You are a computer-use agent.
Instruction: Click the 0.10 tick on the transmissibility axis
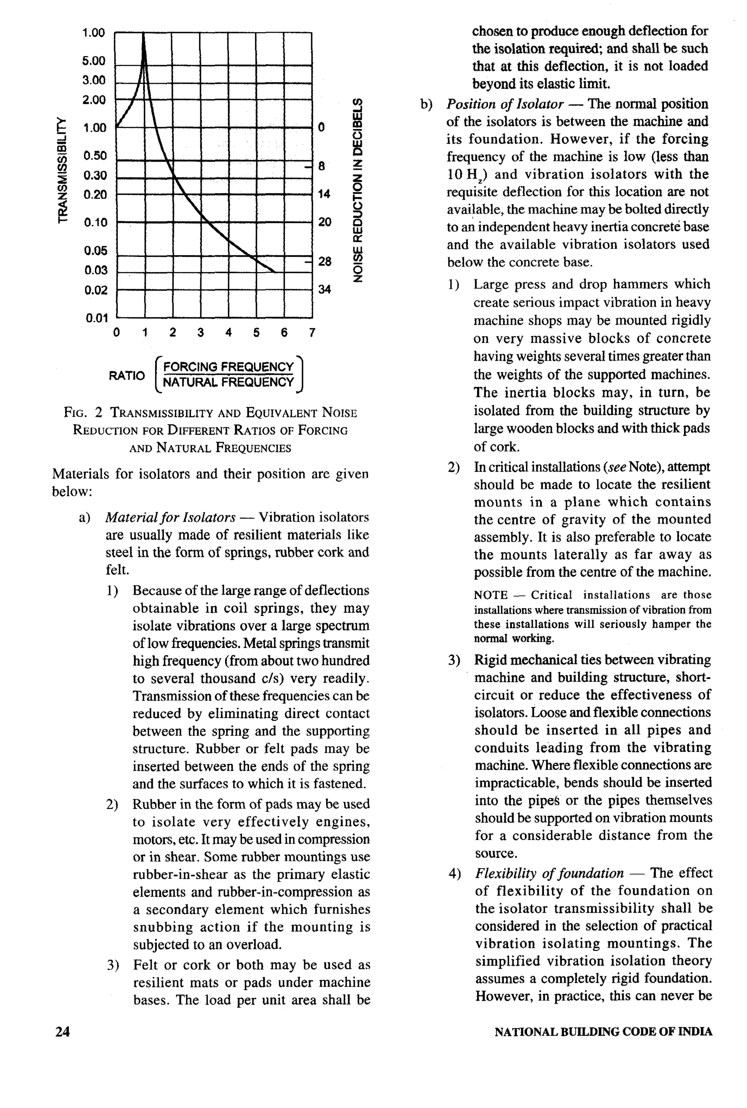point(95,223)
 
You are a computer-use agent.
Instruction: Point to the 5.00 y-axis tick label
point(93,61)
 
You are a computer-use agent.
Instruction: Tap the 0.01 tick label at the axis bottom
point(97,318)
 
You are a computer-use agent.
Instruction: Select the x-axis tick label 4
point(229,333)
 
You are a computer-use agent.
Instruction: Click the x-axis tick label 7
point(312,333)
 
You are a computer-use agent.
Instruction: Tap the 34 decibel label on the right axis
point(324,290)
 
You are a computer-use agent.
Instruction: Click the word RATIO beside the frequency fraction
point(127,376)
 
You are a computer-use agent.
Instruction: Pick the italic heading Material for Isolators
point(170,517)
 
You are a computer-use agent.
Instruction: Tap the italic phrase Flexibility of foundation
point(549,873)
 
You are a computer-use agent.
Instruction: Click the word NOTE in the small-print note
point(490,595)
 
